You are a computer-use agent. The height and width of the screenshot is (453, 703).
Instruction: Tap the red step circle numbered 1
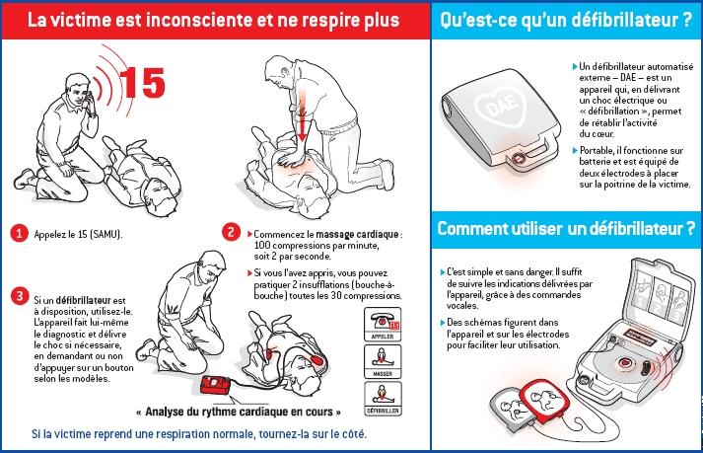18,234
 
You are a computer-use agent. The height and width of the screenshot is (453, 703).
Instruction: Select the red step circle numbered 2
231,233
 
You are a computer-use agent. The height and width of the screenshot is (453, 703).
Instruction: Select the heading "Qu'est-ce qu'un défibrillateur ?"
565,19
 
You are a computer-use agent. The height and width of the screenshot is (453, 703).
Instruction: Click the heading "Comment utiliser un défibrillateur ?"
566,229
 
